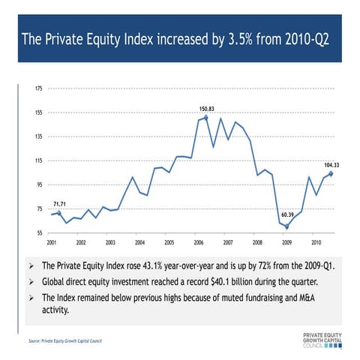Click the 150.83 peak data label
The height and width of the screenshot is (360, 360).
206,109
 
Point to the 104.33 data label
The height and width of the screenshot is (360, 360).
331,164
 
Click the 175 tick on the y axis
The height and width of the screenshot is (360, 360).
38,88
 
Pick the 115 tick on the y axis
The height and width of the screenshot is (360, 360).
38,160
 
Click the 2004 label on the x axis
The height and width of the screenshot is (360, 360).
139,244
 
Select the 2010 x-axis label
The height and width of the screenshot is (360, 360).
316,244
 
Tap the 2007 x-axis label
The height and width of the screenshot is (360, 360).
228,244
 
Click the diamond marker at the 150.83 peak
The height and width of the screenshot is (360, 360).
206,118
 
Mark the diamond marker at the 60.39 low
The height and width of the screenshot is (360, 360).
286,226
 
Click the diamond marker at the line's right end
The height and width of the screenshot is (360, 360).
331,173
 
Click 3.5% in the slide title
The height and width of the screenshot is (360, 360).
239,38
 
